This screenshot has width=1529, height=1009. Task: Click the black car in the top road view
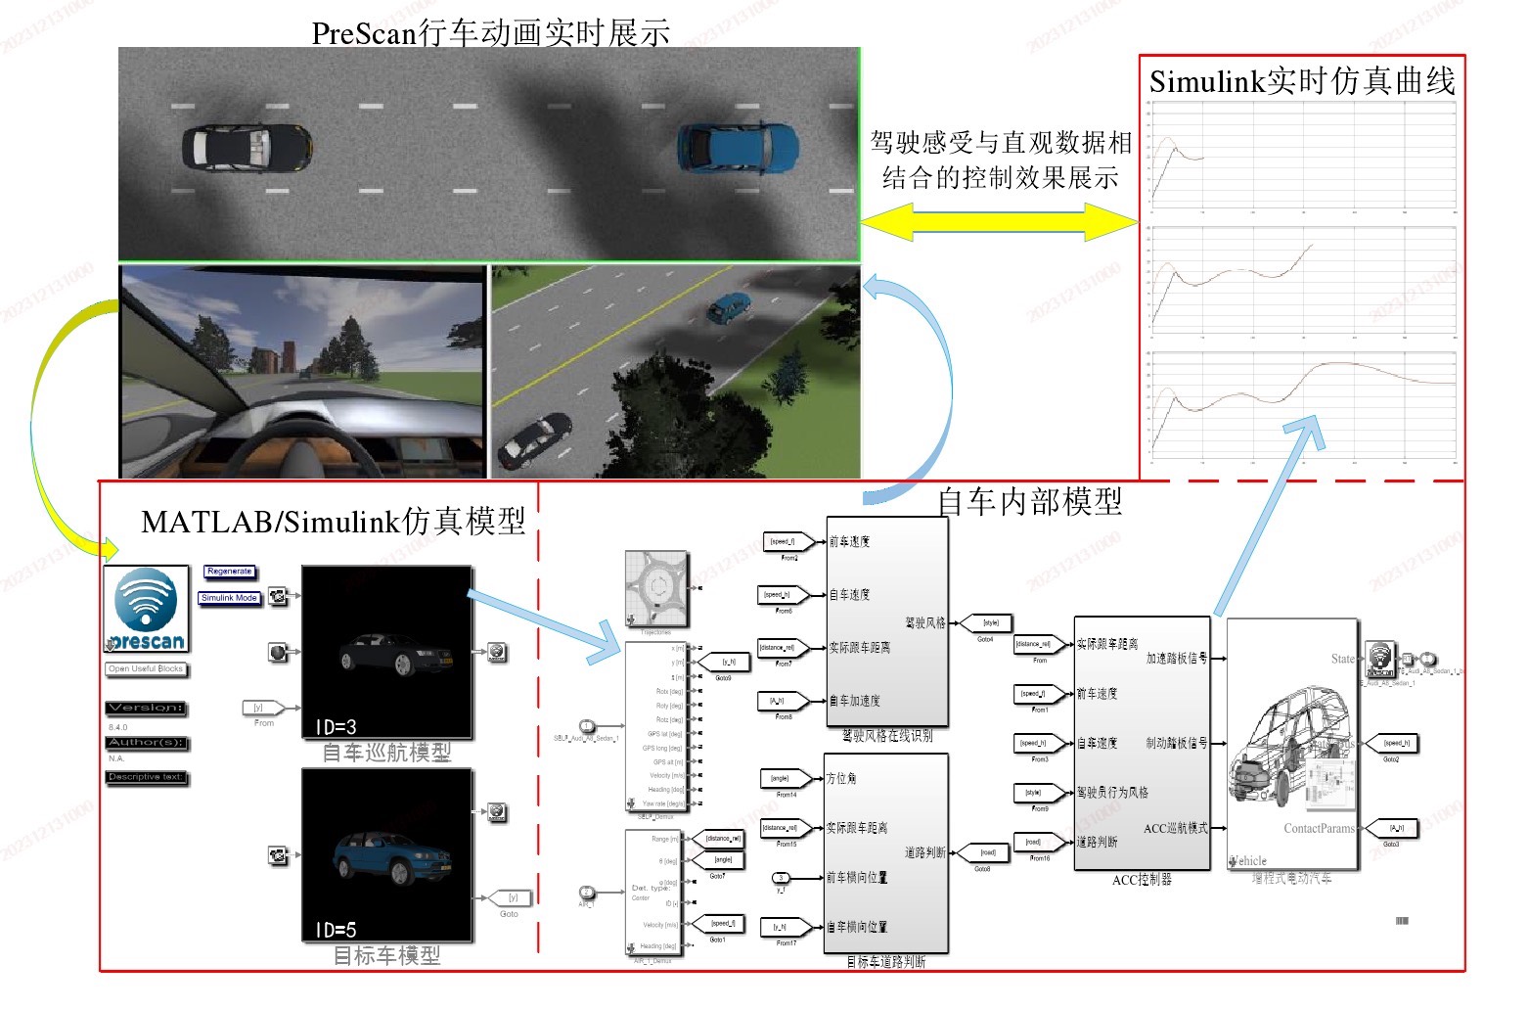point(247,147)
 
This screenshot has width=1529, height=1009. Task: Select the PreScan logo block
point(147,610)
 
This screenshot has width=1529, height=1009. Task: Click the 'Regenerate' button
point(230,572)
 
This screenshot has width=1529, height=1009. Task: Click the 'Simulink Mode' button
point(230,598)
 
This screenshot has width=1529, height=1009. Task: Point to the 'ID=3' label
point(336,727)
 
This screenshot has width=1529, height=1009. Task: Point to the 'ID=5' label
point(336,930)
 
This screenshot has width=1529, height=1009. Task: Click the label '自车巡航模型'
point(386,753)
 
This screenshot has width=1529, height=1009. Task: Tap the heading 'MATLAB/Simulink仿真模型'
point(333,522)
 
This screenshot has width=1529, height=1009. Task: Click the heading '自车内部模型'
point(1029,502)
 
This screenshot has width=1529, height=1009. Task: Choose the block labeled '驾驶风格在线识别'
point(887,621)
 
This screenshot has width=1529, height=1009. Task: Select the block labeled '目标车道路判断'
point(886,852)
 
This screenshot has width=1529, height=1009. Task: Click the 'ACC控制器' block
point(1142,744)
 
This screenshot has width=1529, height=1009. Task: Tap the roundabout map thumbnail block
point(657,588)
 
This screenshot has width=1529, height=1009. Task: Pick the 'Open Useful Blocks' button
point(146,669)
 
